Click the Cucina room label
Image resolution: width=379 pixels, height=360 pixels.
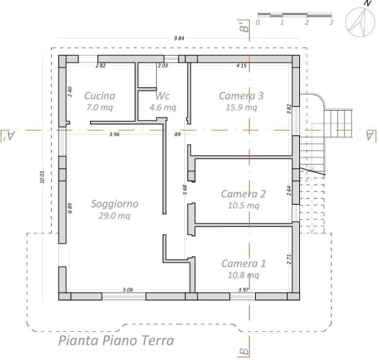click(x=100, y=96)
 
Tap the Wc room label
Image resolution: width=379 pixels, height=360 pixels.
click(x=162, y=96)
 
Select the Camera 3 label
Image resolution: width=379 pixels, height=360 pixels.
click(x=241, y=96)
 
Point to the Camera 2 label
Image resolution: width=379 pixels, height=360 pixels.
click(x=243, y=194)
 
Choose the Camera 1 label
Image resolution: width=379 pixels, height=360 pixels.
click(x=243, y=263)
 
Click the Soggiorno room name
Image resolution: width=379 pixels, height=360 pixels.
click(x=115, y=204)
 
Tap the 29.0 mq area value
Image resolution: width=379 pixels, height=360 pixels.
click(x=114, y=216)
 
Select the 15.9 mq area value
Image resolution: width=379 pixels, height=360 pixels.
click(x=241, y=107)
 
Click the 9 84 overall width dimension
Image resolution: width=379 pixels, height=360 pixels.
click(x=179, y=38)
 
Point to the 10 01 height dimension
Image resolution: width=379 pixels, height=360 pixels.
click(x=42, y=177)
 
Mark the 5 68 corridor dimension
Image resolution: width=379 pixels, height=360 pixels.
click(x=184, y=190)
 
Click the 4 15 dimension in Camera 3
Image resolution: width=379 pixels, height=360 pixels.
click(x=241, y=65)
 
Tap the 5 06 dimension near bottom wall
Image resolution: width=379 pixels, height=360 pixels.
click(x=128, y=289)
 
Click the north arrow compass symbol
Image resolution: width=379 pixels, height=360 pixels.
click(x=360, y=21)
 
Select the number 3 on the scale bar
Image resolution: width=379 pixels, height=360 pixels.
click(x=331, y=23)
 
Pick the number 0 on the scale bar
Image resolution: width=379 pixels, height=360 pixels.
click(x=258, y=23)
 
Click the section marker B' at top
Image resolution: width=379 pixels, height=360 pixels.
click(x=244, y=27)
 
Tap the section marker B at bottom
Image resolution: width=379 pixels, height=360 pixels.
click(x=244, y=351)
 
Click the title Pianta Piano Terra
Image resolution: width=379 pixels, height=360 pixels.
click(x=116, y=341)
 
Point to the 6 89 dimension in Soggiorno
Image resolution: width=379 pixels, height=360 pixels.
click(x=69, y=208)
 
